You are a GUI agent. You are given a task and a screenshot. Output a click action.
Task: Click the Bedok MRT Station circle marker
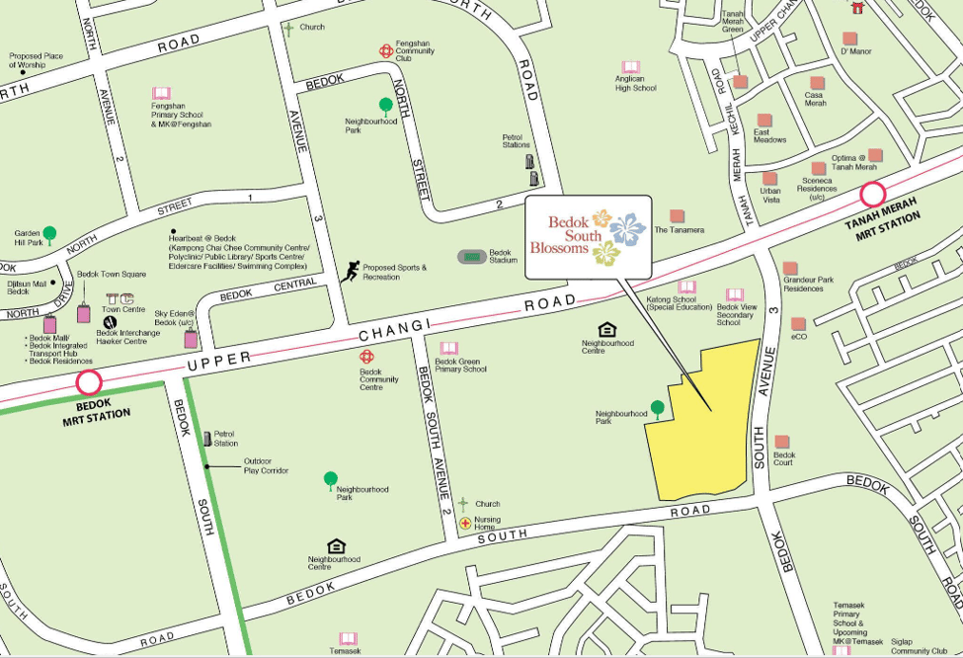click(x=89, y=382)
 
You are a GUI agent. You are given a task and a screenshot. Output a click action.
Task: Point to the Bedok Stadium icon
click(x=472, y=256)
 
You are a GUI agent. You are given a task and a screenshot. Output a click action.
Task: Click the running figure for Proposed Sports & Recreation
click(x=350, y=272)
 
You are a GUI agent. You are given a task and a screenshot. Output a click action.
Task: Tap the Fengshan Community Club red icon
click(x=385, y=50)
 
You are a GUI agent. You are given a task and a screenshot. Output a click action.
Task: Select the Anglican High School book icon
click(x=630, y=67)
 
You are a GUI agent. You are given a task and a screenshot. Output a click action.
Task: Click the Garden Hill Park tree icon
click(x=49, y=234)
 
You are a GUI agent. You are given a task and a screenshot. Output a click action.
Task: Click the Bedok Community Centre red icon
click(x=366, y=356)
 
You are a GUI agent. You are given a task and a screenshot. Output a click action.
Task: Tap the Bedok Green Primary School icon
click(x=449, y=349)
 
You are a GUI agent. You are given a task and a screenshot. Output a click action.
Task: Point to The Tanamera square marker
click(x=677, y=215)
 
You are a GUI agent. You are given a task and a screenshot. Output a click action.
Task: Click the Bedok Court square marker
click(x=781, y=442)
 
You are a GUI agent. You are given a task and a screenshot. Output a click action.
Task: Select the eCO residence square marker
click(x=798, y=323)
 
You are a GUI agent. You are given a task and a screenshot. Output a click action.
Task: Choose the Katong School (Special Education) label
click(x=679, y=302)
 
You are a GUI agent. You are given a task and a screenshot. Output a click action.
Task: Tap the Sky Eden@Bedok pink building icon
click(x=191, y=339)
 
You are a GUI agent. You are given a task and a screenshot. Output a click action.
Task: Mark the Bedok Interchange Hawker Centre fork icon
click(x=109, y=321)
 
